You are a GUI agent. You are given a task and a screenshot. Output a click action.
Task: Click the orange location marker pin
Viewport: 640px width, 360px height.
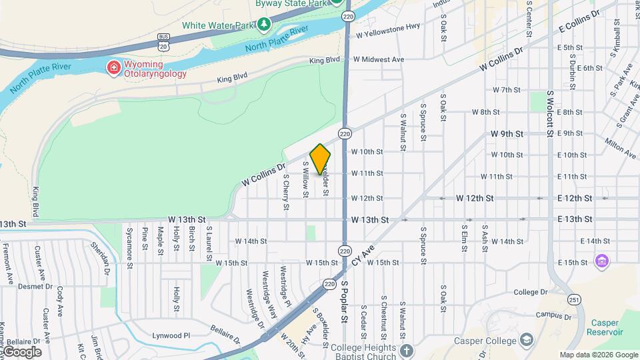(320, 159)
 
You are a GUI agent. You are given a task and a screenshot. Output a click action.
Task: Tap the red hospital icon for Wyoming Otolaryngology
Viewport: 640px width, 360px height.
(113, 67)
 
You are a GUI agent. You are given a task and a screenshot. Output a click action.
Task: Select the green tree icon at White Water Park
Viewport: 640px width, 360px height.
(265, 25)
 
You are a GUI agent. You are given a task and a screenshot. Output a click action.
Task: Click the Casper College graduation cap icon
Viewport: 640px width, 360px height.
(527, 341)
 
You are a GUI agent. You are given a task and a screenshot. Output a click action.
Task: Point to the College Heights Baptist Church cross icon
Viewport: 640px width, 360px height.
(407, 349)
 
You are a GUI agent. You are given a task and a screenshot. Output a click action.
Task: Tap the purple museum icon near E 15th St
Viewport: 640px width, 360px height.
(602, 261)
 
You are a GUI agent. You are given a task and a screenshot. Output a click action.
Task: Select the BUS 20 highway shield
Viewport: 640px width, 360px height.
(163, 41)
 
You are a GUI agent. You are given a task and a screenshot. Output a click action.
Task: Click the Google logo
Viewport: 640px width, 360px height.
(21, 351)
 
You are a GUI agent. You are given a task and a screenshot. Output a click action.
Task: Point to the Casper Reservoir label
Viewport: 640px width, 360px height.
(605, 327)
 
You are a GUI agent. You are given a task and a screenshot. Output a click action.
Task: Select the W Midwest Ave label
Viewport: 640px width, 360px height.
(379, 59)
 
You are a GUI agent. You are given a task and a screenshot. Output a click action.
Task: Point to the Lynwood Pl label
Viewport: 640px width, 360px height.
(171, 336)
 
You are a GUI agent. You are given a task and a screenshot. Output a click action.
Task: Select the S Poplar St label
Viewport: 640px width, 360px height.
(345, 301)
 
